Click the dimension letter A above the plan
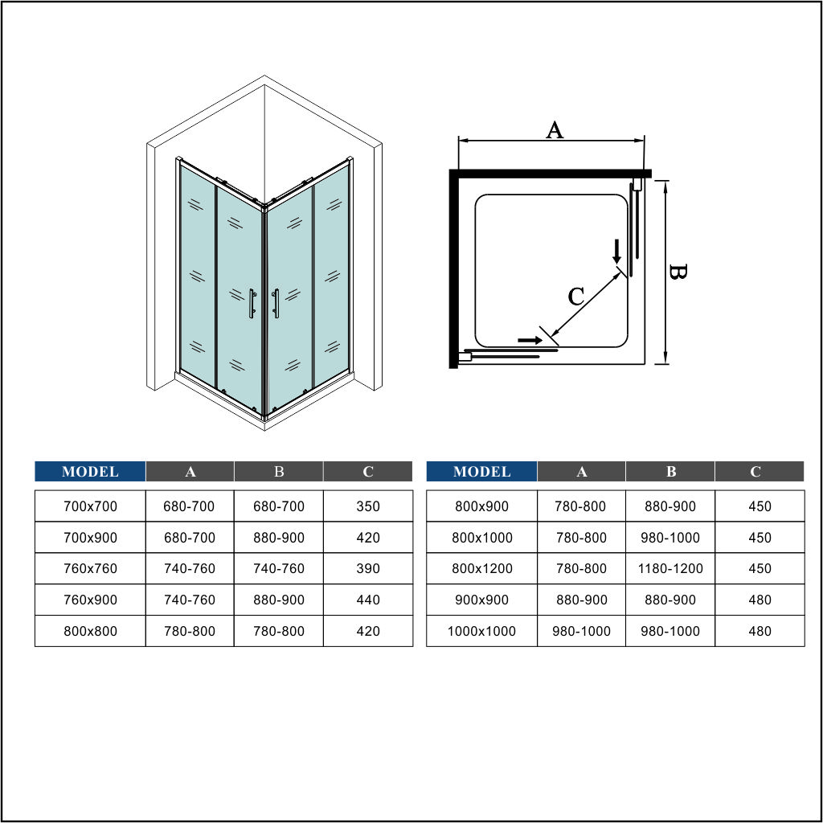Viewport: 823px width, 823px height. click(555, 129)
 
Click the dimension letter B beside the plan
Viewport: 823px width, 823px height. click(678, 272)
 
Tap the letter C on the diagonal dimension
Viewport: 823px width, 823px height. click(575, 297)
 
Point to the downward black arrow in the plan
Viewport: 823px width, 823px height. click(616, 252)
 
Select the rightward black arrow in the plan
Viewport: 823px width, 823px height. click(530, 340)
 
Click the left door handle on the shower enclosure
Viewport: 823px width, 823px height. click(252, 303)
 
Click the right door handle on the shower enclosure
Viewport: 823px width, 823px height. click(276, 303)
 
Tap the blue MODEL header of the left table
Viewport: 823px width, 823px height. click(90, 471)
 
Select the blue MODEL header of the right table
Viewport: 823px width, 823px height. click(481, 471)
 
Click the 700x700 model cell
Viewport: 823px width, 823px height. click(90, 506)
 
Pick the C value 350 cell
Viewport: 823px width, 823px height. click(368, 506)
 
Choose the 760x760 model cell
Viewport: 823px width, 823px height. click(90, 568)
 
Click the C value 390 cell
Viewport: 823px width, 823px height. click(368, 568)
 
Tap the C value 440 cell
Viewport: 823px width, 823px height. click(368, 600)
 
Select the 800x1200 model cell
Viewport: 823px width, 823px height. click(481, 568)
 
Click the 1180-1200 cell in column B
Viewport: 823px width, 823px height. click(670, 568)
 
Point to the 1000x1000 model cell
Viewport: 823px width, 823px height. click(481, 631)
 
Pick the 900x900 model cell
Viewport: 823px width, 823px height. click(481, 600)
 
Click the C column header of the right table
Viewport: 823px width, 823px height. click(760, 471)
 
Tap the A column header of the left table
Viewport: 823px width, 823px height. click(190, 471)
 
